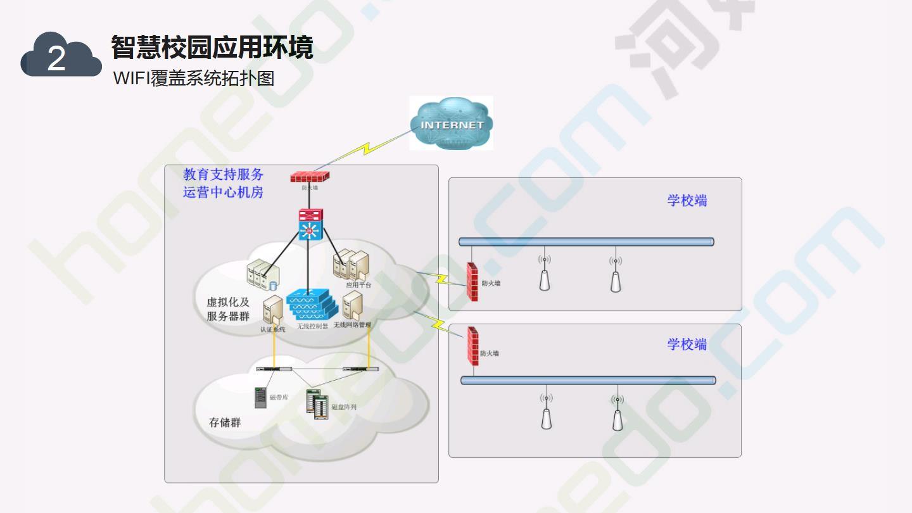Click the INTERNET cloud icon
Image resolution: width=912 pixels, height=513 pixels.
click(451, 123)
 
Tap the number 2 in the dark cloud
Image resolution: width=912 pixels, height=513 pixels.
click(56, 60)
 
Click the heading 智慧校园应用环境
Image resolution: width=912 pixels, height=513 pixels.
click(212, 47)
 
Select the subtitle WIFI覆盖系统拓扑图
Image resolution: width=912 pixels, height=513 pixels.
click(194, 79)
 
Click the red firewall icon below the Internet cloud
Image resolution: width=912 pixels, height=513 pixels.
click(310, 177)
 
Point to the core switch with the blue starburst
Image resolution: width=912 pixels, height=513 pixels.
click(310, 225)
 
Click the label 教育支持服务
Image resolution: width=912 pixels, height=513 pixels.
click(223, 174)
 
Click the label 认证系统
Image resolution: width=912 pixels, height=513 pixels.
click(273, 329)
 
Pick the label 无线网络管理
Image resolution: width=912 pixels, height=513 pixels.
click(352, 325)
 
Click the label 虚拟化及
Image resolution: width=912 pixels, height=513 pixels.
click(228, 302)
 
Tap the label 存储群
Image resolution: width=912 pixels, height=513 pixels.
click(225, 422)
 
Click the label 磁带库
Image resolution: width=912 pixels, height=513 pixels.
click(279, 398)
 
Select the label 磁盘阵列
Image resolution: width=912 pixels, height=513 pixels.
click(344, 407)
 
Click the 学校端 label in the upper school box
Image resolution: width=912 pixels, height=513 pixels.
click(687, 201)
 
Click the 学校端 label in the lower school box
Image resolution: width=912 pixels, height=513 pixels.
click(687, 345)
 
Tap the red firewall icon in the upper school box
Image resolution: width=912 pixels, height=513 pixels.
click(472, 281)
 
